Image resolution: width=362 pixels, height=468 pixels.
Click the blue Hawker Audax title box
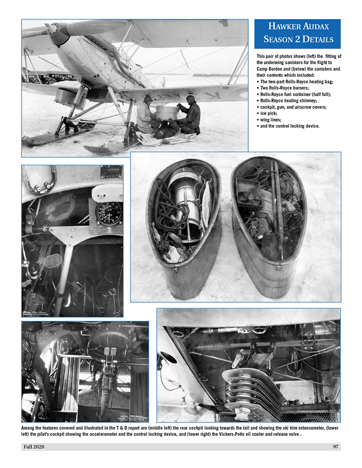(x=297, y=34)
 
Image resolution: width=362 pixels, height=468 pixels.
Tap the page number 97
(x=335, y=446)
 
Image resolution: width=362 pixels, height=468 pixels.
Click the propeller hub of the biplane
(x=53, y=29)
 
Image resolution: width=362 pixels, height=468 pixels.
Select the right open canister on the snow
(x=269, y=226)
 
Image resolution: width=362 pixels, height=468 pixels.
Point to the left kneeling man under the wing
(x=144, y=115)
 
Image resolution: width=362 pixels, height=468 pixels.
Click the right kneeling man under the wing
(x=190, y=115)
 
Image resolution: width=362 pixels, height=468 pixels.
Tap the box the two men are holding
(x=167, y=112)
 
